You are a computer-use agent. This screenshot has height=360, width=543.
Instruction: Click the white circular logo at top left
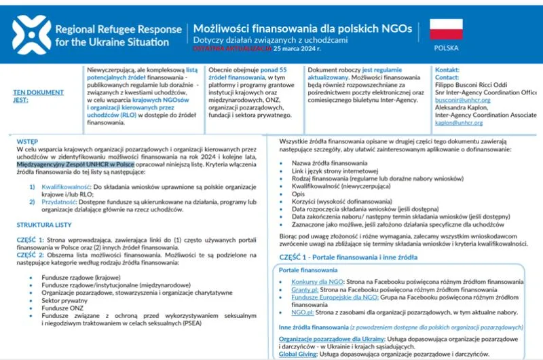click(x=28, y=33)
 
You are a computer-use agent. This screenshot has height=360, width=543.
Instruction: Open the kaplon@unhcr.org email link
click(x=462, y=123)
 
